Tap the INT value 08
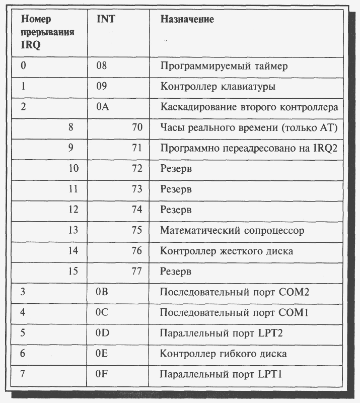tap(102, 65)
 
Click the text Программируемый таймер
tap(224, 66)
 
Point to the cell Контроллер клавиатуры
tap(218, 87)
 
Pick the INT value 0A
tap(102, 107)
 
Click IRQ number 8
tap(71, 127)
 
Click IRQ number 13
tap(74, 230)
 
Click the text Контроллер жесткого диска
tap(227, 251)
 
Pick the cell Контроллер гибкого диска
tap(224, 354)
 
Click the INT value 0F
tap(102, 374)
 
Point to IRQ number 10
tap(74, 169)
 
